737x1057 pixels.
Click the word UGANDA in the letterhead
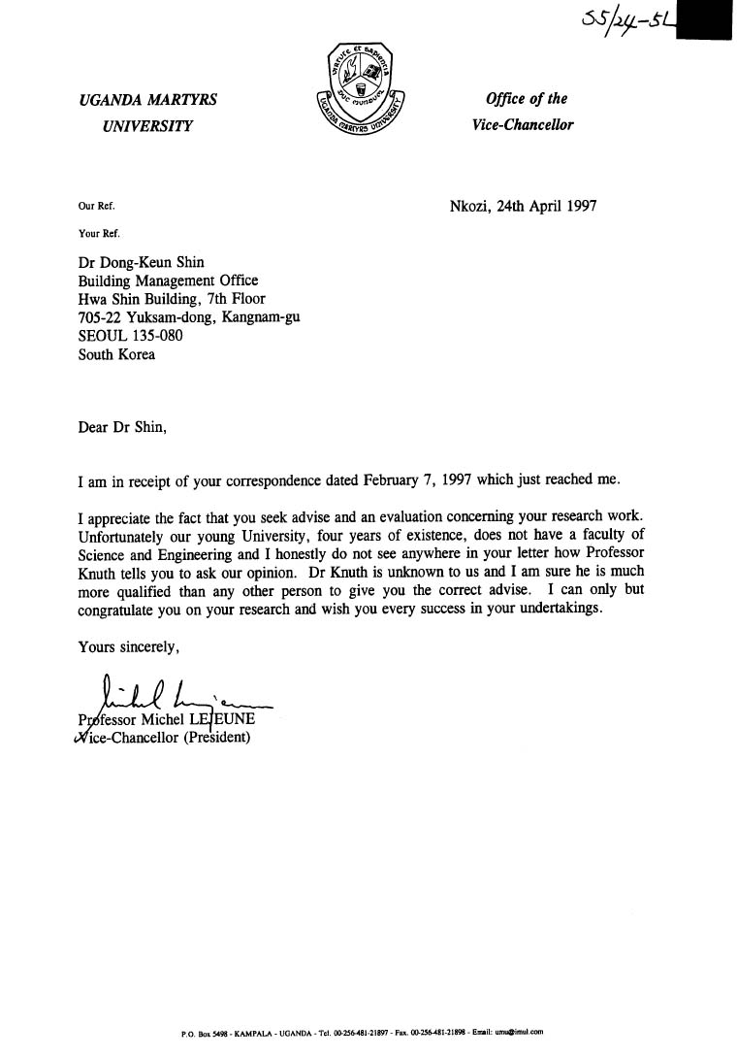[114, 100]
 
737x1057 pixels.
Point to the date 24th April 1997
[547, 206]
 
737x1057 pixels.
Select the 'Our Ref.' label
[95, 206]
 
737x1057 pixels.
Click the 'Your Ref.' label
[98, 232]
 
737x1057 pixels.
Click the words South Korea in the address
[116, 353]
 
